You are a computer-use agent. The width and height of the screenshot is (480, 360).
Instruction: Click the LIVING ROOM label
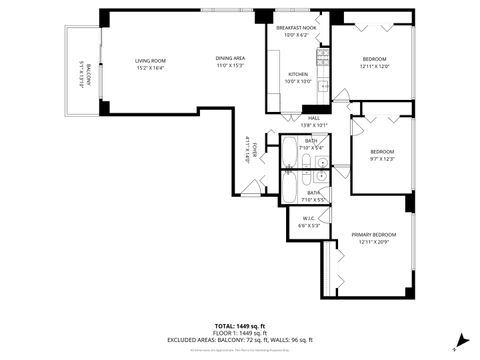pos(151,61)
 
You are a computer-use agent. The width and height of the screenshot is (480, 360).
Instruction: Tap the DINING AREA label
pos(231,58)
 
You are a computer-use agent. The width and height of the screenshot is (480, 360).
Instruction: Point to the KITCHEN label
pos(298,74)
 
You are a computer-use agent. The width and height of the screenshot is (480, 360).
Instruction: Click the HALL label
pos(314,118)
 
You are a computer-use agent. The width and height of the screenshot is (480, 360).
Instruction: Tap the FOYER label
pos(255,150)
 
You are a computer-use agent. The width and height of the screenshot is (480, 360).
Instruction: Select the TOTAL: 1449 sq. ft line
pos(240,326)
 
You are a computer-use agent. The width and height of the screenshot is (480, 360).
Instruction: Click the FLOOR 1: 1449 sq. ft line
pos(240,333)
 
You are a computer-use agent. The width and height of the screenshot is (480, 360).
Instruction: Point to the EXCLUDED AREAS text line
pos(240,340)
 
